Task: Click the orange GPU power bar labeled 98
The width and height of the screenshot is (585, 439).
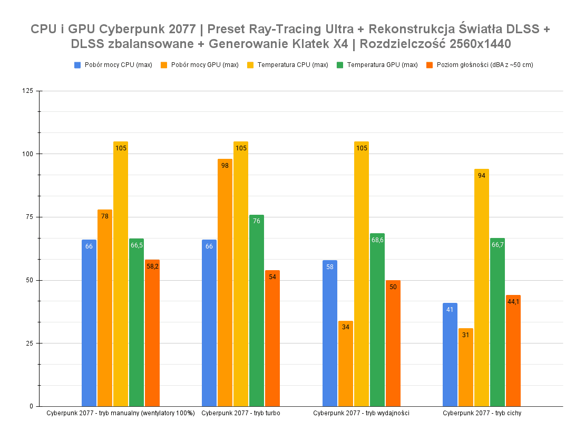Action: tap(225, 282)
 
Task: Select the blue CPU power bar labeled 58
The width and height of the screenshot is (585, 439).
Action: tap(329, 333)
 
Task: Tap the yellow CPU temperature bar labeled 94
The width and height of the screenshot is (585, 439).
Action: tap(481, 288)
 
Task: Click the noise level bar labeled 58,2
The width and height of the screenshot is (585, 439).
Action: tap(152, 333)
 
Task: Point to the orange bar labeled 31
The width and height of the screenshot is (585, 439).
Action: tap(465, 367)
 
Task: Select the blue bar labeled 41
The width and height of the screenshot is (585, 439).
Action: tap(450, 355)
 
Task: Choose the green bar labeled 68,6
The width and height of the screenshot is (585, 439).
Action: tap(377, 320)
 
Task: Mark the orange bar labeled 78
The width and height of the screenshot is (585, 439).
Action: tap(104, 308)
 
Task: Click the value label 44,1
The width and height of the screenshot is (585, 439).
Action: tap(513, 302)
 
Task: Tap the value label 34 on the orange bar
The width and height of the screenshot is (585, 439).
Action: tap(345, 327)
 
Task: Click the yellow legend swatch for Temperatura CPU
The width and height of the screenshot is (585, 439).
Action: tap(250, 65)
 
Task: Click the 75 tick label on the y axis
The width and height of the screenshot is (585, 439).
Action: tap(29, 217)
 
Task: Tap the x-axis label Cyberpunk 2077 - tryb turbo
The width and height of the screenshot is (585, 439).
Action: tap(240, 413)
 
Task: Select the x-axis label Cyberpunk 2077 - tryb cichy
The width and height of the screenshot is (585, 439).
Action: tap(482, 413)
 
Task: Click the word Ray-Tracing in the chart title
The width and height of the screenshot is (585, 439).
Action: tap(274, 28)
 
